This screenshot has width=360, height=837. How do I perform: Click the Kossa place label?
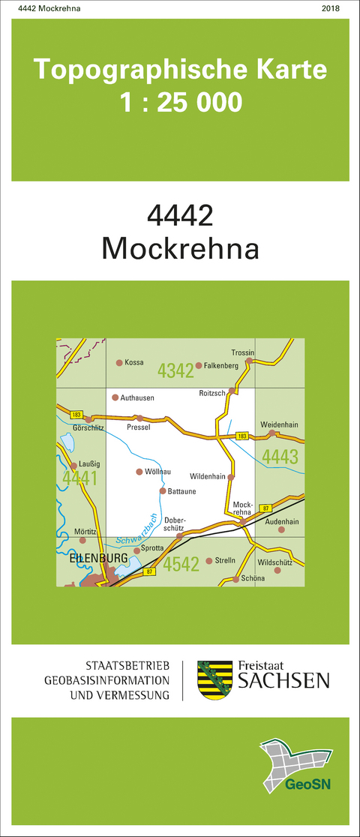point(134,363)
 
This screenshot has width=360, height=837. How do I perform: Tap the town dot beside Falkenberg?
point(199,366)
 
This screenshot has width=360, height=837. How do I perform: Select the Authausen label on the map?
point(136,397)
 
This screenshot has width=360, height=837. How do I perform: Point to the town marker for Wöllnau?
point(139,472)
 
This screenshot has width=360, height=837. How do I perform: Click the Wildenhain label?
point(208,477)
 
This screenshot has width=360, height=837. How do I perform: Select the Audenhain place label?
point(282,521)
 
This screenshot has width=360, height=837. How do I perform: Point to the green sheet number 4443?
point(280,456)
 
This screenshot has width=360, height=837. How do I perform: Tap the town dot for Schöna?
point(235,579)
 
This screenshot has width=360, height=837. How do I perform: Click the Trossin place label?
point(243,353)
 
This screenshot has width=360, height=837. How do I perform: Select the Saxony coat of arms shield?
point(212,680)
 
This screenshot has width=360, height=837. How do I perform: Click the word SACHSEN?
point(283,681)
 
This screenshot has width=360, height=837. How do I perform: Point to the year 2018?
point(329,8)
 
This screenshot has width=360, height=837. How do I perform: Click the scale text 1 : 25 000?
point(181,101)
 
